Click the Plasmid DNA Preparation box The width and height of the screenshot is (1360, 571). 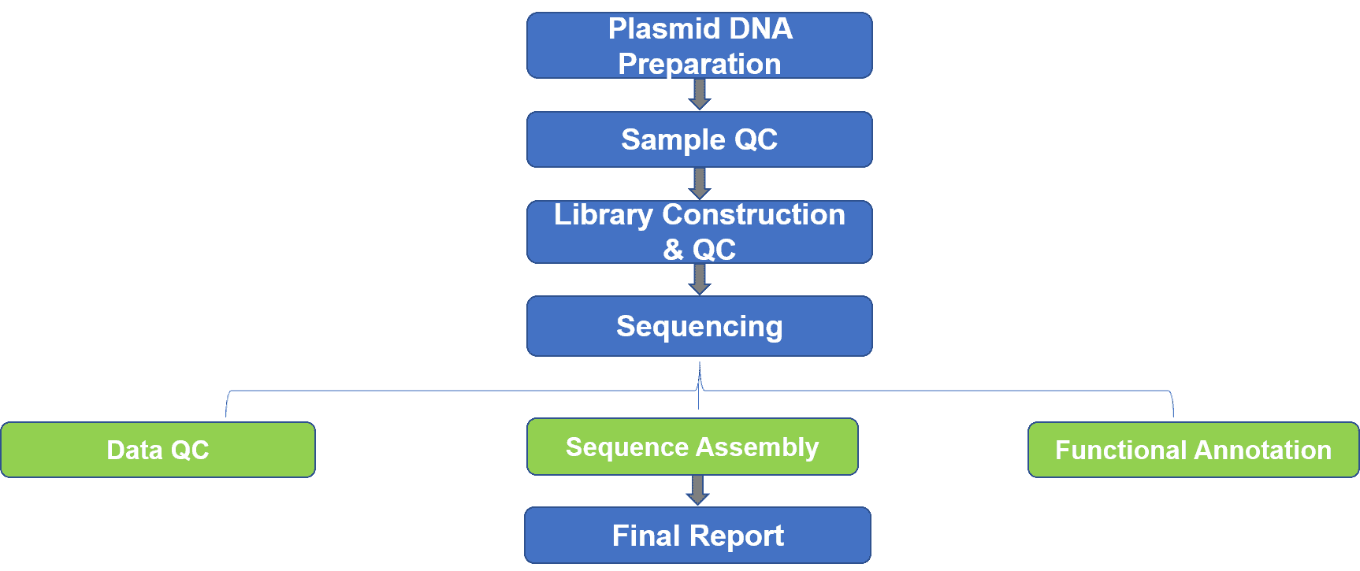point(700,46)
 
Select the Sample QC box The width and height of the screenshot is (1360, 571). point(700,139)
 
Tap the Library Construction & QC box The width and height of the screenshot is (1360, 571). point(700,232)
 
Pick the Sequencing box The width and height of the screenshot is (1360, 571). point(700,326)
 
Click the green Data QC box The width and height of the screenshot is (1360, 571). point(158,450)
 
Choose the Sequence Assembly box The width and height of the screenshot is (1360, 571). point(693,447)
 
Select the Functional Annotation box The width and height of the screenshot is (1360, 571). point(1194,450)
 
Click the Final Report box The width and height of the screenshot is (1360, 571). point(698,536)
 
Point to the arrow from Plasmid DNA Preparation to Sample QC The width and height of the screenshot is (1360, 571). point(700,95)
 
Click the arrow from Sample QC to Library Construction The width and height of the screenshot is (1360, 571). point(700,184)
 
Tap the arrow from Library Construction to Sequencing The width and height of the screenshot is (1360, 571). point(700,280)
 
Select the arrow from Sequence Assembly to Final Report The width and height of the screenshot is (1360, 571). point(698,490)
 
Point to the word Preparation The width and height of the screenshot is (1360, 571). point(700,64)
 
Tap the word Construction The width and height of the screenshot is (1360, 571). point(754,214)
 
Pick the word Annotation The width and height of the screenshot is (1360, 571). point(1263,450)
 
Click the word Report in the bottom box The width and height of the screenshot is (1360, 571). point(737,536)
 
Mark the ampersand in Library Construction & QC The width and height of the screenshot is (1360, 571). point(673,250)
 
